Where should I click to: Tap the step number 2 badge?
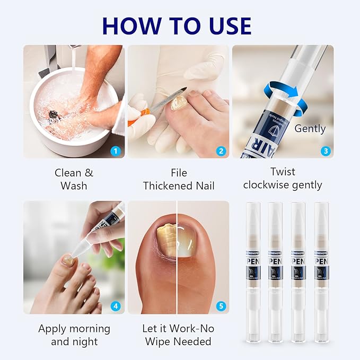coord(221,151)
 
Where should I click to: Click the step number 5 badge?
coord(221,306)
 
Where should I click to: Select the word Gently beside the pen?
coord(310,128)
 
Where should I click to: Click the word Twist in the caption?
coord(283,172)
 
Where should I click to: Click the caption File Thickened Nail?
coord(178,179)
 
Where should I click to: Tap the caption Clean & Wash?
coord(74,179)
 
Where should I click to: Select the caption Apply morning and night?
coord(74,335)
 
